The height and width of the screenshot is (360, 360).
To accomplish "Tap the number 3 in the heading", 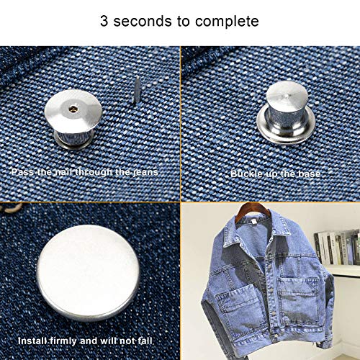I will (104, 21).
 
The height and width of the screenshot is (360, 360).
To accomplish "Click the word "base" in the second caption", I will (311, 174).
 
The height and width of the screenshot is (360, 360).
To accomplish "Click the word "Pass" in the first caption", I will (22, 173).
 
